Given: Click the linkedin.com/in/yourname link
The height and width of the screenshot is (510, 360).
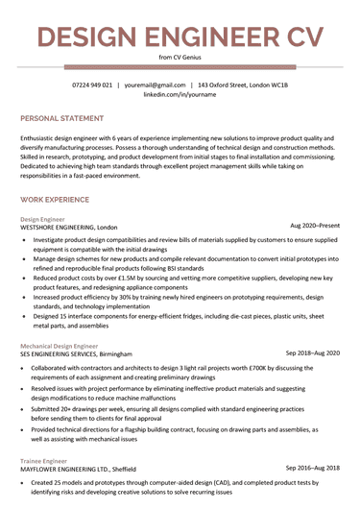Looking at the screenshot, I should point(179,96).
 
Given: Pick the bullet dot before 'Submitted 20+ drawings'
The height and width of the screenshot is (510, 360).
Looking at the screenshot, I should point(25,407).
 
